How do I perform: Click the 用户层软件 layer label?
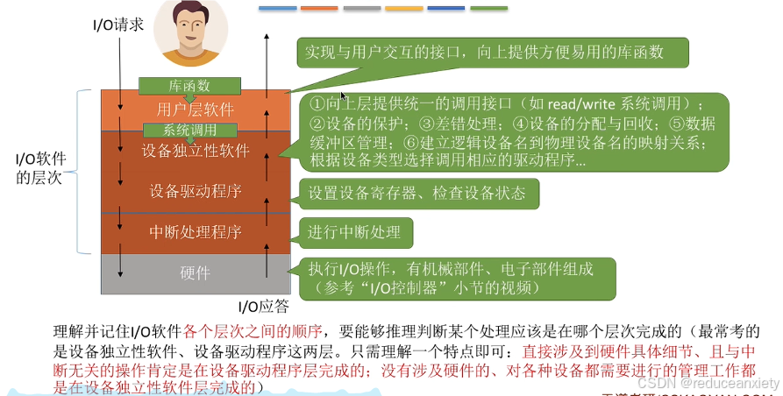coord(195,110)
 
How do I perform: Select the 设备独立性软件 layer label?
coord(195,150)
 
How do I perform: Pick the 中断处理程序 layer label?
coord(195,233)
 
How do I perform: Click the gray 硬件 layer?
coord(195,273)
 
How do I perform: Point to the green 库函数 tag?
coord(189,86)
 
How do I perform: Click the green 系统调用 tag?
coord(190,130)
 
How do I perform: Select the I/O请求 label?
coord(117,26)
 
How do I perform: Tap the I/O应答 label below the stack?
coord(263,307)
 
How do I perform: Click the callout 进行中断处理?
coord(355,232)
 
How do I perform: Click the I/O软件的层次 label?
coord(41,168)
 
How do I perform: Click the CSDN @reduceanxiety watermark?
coord(708,383)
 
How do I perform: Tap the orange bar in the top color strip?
coord(319,9)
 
